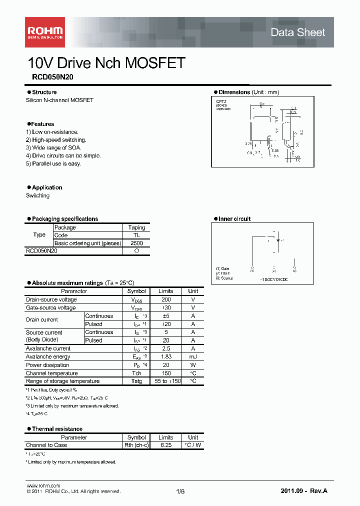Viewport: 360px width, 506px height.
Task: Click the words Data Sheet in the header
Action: (x=297, y=32)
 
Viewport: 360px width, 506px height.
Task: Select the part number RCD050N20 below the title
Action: (x=49, y=77)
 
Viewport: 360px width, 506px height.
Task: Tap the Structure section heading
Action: (x=44, y=92)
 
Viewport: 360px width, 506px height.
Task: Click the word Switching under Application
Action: (x=37, y=195)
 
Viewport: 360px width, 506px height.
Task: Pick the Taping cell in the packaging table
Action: (x=136, y=227)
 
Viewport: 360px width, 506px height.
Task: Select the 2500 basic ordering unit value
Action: (x=136, y=243)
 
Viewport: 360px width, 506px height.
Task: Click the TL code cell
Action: (x=136, y=235)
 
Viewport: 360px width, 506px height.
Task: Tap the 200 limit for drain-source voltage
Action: (x=165, y=299)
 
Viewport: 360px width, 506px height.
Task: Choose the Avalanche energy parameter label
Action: (x=48, y=356)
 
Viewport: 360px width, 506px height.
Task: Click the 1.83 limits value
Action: (x=165, y=356)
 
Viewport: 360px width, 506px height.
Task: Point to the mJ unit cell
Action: (x=193, y=356)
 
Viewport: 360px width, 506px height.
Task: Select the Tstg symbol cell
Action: (x=136, y=381)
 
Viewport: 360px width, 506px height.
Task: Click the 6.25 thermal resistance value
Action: (x=165, y=445)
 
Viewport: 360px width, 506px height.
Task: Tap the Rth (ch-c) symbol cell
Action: (x=136, y=445)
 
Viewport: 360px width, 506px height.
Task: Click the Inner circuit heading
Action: (x=234, y=219)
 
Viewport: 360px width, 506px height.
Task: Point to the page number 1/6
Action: (x=180, y=491)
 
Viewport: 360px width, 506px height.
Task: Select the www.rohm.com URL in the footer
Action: (x=43, y=485)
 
